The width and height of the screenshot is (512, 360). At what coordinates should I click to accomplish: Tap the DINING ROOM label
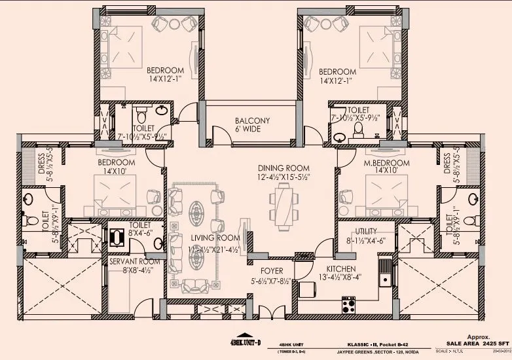click(282, 168)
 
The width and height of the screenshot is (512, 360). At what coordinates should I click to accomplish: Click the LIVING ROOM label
click(206, 238)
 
